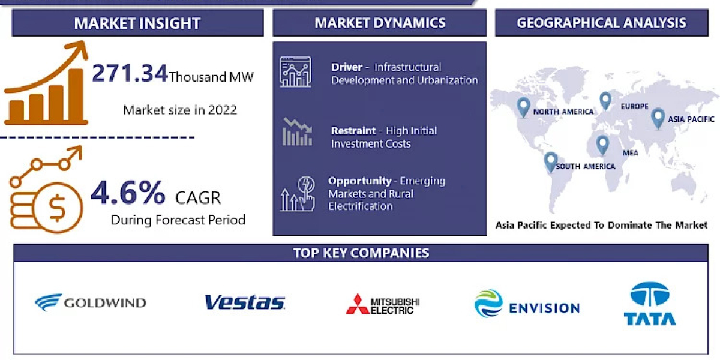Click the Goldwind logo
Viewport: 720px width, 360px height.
point(90,302)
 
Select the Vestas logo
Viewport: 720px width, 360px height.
point(245,302)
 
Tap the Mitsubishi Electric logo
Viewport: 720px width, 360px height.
point(382,304)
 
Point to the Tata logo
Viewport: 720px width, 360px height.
point(649,304)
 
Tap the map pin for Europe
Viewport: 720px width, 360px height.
point(605,101)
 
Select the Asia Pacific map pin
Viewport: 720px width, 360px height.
point(658,118)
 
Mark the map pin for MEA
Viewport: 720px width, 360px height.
point(602,145)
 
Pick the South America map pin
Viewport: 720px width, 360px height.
point(550,161)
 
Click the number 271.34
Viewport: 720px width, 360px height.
point(130,74)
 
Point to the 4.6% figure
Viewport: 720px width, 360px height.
point(128,193)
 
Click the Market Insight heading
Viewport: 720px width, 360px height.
point(137,23)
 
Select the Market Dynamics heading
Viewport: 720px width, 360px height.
point(380,23)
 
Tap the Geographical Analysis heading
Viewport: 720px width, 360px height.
point(601,23)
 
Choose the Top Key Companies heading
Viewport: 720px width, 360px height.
point(361,253)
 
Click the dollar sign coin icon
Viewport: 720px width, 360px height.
point(58,208)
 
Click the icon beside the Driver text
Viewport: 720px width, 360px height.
point(295,72)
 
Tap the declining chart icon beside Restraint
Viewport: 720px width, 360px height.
point(297,132)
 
